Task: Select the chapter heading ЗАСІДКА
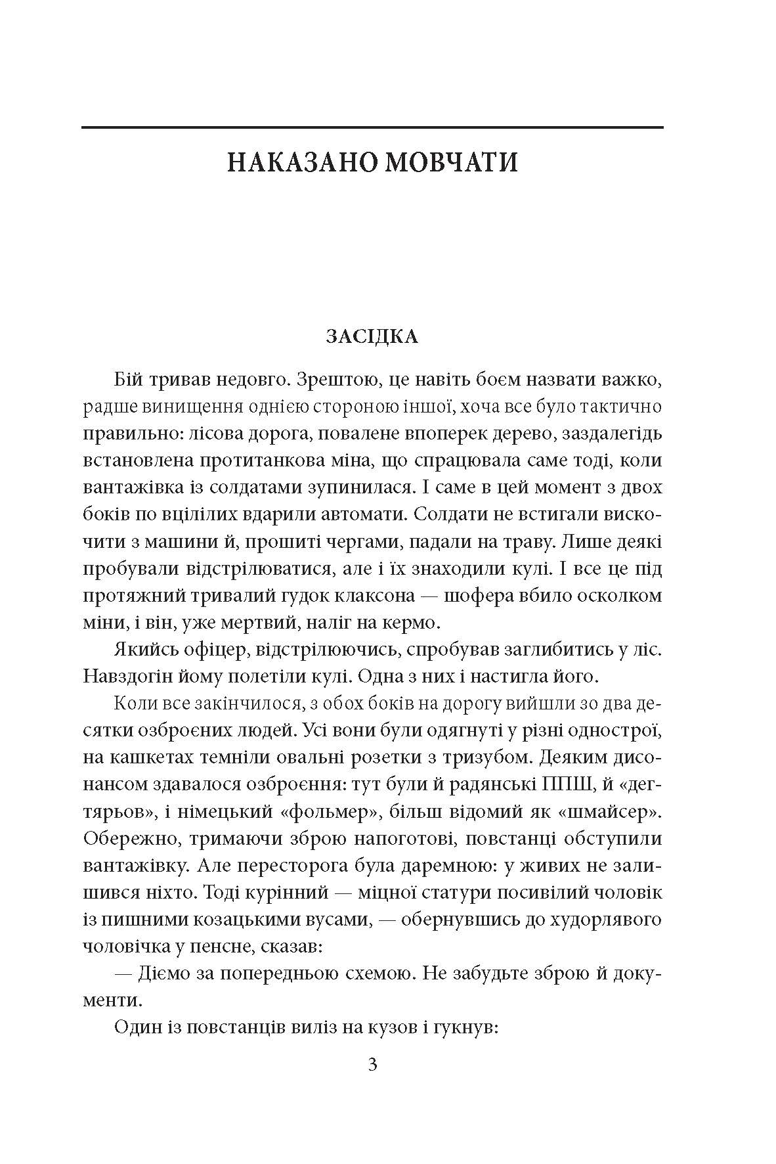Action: (372, 337)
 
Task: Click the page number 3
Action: (372, 1065)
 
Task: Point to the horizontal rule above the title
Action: (372, 127)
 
